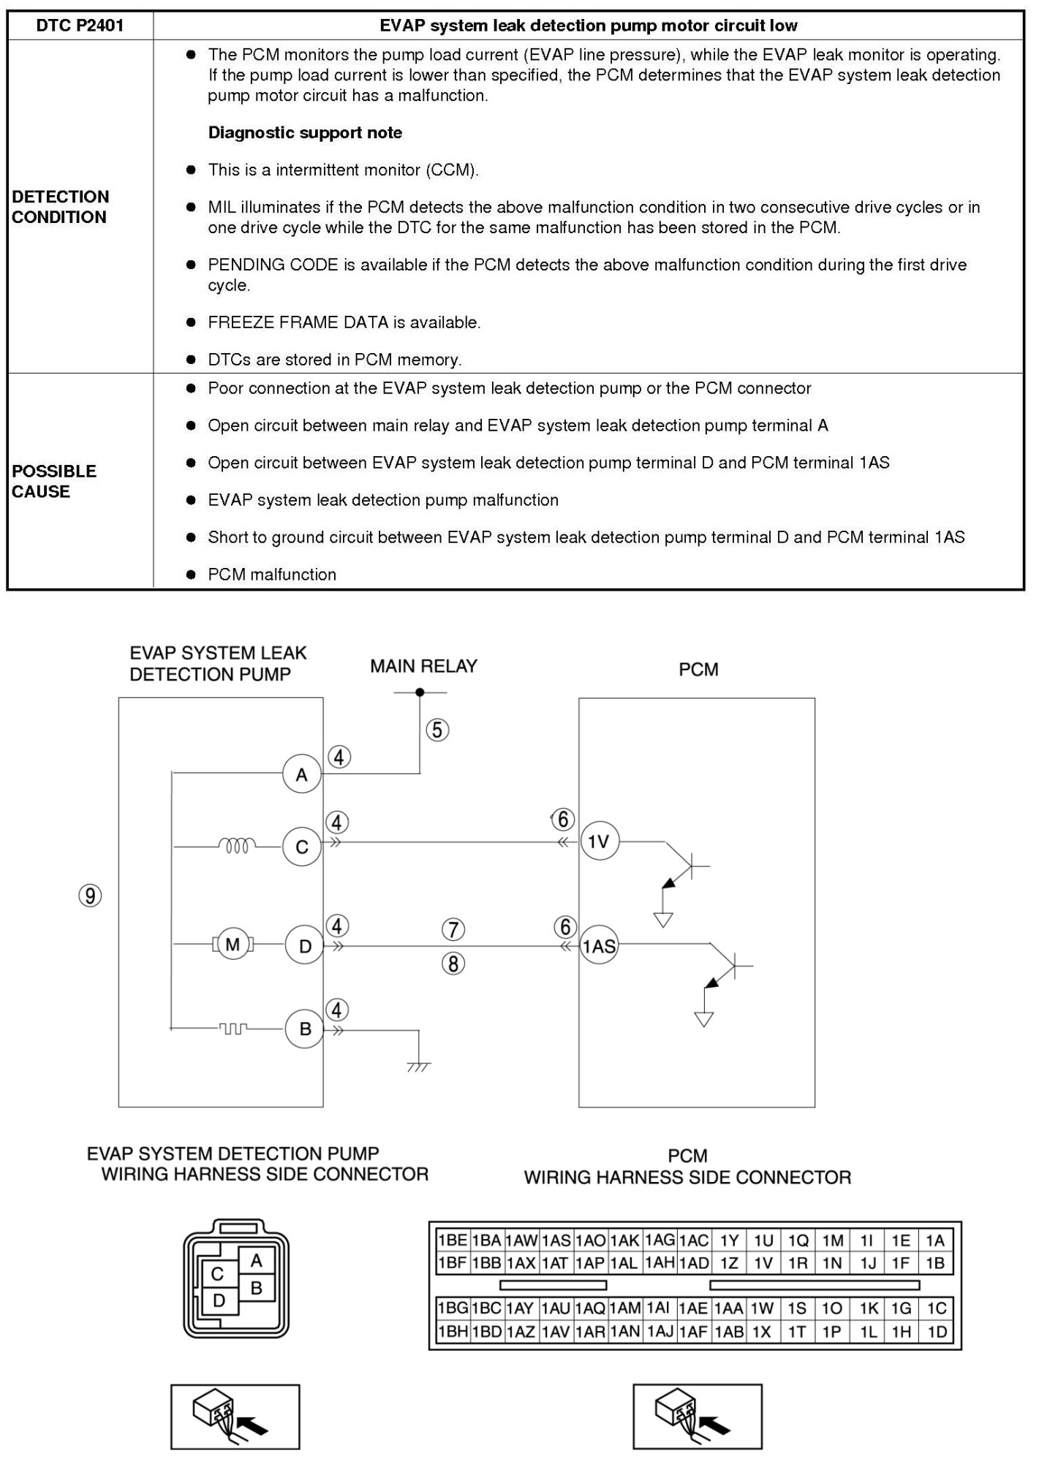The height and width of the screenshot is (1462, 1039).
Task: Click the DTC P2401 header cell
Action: click(80, 26)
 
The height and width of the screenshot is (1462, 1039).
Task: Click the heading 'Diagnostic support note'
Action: click(305, 132)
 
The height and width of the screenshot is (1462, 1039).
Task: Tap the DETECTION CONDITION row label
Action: click(60, 207)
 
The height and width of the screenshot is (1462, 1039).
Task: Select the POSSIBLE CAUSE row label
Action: click(53, 481)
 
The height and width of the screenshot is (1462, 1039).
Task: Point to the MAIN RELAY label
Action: click(423, 666)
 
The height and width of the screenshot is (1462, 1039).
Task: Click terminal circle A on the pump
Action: click(302, 775)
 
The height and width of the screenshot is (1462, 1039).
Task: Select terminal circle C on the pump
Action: click(302, 847)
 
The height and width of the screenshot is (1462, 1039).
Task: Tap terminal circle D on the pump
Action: click(305, 946)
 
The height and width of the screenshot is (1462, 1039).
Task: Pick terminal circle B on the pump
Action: click(305, 1029)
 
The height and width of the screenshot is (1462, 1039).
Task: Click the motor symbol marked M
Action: click(233, 945)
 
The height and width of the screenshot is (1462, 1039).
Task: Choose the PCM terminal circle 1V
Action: click(599, 842)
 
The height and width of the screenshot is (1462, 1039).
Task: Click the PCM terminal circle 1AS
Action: click(599, 947)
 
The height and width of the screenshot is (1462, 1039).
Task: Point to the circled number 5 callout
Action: click(437, 730)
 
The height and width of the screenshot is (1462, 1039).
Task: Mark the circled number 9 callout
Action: click(90, 895)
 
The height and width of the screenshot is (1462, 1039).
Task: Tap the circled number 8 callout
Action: click(453, 964)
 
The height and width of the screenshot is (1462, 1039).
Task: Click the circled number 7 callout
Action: click(453, 930)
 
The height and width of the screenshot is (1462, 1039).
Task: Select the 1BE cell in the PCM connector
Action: click(452, 1241)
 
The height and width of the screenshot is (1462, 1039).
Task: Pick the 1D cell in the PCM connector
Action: click(937, 1332)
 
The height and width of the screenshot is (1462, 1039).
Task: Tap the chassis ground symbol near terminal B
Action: click(419, 1066)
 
